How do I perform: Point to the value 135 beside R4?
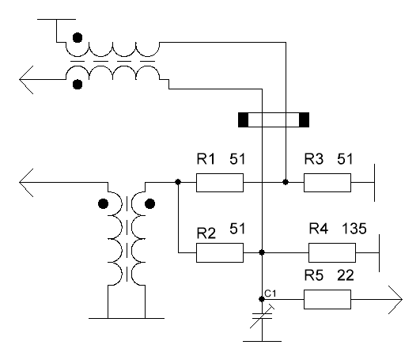tap(354, 229)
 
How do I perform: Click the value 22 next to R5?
tap(346, 275)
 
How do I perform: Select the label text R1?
tap(206, 158)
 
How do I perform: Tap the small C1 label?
tap(270, 294)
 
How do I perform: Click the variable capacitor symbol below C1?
tap(262, 316)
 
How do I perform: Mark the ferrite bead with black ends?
tap(274, 119)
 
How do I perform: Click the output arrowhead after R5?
tap(395, 300)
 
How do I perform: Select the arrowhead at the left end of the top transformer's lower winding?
tap(26, 80)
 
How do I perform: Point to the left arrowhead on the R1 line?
tap(26, 183)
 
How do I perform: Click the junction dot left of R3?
tap(286, 182)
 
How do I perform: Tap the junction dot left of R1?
tap(178, 182)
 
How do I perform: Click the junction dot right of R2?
tap(262, 252)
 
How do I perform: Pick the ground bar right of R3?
tap(374, 183)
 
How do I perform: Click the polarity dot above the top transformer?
tap(78, 37)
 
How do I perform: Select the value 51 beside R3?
tap(345, 158)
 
